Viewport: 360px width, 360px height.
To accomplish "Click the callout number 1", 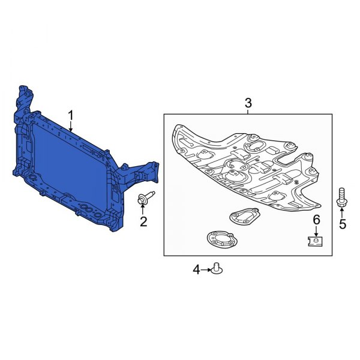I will [x=71, y=114].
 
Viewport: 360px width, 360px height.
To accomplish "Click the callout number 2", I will [x=143, y=223].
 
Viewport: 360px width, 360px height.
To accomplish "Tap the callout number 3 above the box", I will [x=248, y=104].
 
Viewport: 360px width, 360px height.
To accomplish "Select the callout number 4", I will [x=196, y=270].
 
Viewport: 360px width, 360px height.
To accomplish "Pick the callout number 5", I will [x=343, y=224].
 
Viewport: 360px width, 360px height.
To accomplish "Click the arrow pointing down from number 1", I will [x=71, y=126].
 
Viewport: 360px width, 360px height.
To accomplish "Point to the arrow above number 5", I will [x=343, y=212].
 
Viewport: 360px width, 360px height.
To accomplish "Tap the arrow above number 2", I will [x=143, y=210].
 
